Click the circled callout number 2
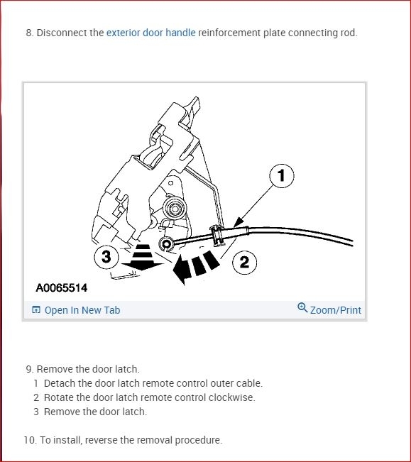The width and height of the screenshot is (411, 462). (244, 263)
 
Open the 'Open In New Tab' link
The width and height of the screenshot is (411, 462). (82, 310)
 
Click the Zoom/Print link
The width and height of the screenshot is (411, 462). (335, 310)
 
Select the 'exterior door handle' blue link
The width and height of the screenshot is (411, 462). (150, 33)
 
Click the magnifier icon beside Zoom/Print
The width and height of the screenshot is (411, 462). (302, 309)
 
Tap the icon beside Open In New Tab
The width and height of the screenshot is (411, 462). (36, 310)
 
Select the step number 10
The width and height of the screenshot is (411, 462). (29, 440)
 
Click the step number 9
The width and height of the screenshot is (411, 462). (29, 369)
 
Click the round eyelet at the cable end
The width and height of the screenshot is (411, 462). (166, 245)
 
